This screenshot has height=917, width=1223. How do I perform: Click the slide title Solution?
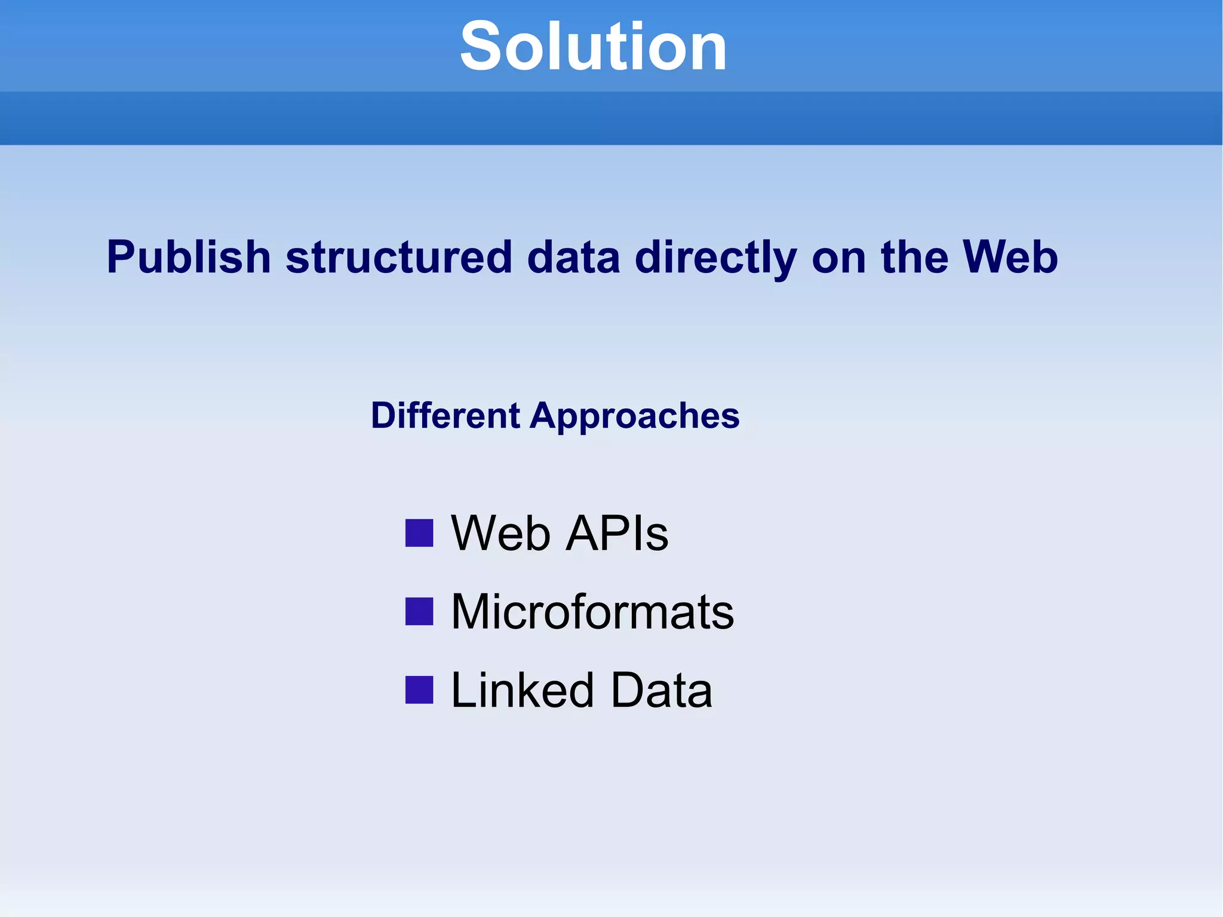pos(593,47)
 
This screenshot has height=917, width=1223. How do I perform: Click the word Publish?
pos(189,257)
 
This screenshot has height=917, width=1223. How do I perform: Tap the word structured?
pos(399,257)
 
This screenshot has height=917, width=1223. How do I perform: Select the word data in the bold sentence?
pos(573,257)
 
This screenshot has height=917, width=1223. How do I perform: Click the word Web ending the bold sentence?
pos(1010,257)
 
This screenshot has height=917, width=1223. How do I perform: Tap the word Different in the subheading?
pos(445,416)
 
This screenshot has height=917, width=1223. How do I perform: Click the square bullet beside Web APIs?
pos(419,533)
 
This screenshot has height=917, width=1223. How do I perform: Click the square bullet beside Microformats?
pos(419,611)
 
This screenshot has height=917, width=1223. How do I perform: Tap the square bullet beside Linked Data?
pos(419,690)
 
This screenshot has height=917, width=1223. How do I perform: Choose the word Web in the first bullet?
pos(500,533)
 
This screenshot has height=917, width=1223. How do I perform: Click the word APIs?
pos(617,533)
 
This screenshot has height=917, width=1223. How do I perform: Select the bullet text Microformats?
pos(592,611)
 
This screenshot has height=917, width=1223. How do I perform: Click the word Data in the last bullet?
pos(661,690)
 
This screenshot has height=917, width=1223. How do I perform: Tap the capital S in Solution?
pos(481,47)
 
